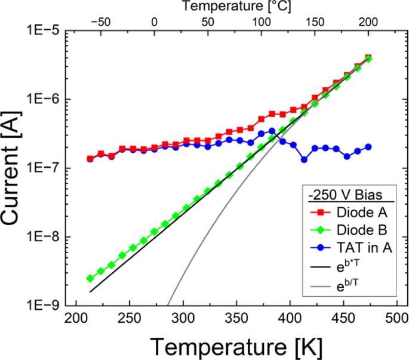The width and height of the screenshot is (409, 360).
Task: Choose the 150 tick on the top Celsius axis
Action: pyautogui.click(x=315, y=21)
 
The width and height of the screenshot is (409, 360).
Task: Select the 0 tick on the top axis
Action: pyautogui.click(x=154, y=21)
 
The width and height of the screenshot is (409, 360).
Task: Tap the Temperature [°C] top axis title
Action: pyautogui.click(x=234, y=7)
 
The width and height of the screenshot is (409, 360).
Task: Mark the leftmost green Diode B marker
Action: pyautogui.click(x=90, y=278)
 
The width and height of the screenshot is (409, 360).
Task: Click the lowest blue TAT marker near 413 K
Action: pyautogui.click(x=304, y=159)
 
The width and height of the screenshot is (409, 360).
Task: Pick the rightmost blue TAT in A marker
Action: pyautogui.click(x=368, y=147)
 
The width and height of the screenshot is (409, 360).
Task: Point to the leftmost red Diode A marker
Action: pyautogui.click(x=90, y=159)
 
